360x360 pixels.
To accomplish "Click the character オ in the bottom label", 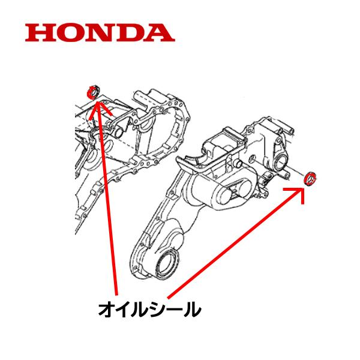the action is pyautogui.click(x=107, y=310).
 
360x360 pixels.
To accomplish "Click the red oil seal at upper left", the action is pyautogui.click(x=93, y=92).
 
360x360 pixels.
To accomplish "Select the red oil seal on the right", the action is pyautogui.click(x=311, y=178).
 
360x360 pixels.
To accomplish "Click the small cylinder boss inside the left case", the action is pyautogui.click(x=118, y=130).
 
